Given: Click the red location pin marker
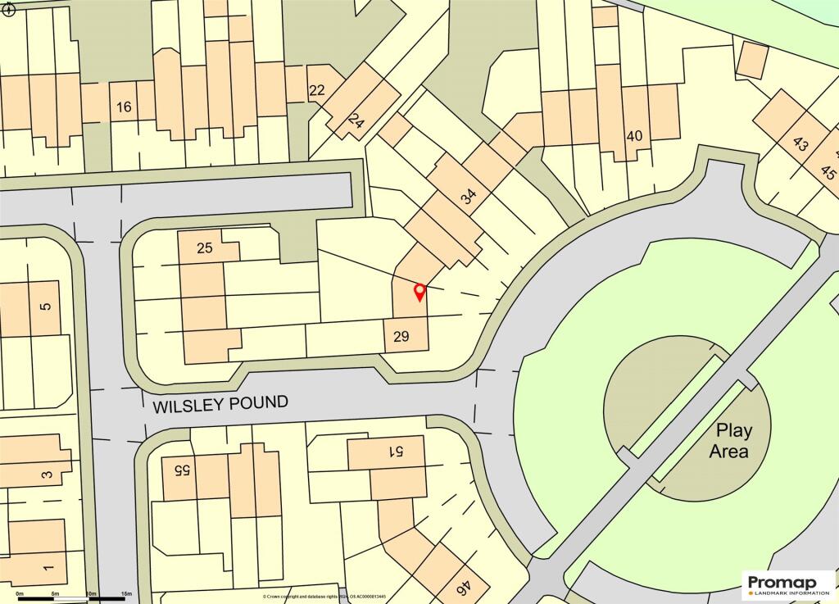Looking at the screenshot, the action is coord(419,292).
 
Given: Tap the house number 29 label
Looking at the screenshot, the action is coord(401,336).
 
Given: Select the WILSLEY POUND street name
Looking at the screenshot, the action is coord(220,403).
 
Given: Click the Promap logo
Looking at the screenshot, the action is coord(789,584).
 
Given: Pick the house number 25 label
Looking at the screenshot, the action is coord(205,248).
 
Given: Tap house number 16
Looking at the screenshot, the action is coord(124,107).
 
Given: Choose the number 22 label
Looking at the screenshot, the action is coord(317,91).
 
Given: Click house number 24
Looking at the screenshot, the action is coord(355,122).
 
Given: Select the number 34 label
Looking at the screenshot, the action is coord(468,197).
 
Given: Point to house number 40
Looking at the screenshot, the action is coord(633,136).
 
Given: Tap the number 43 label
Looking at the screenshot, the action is coord(800,145).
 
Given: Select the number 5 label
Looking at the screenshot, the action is coord(45,307).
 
